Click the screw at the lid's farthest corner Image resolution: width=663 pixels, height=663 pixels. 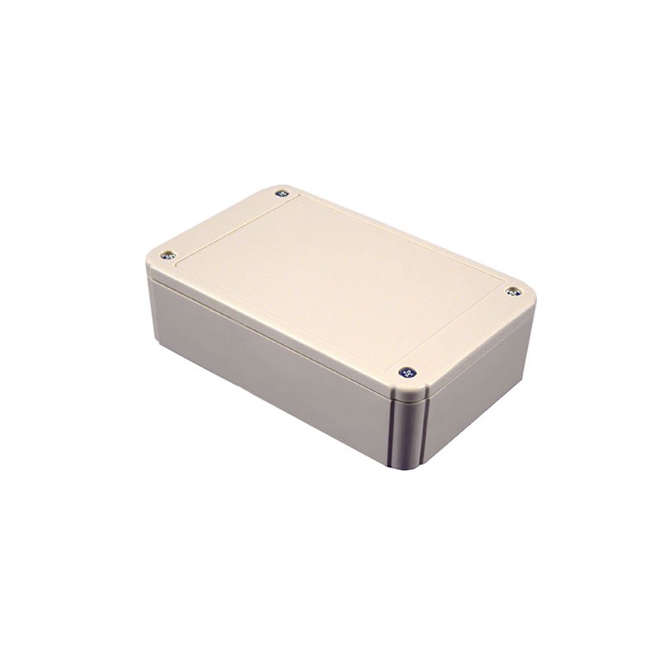point(282,193)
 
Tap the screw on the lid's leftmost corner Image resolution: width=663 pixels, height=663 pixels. point(167,255)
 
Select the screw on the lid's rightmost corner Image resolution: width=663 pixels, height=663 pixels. point(513,291)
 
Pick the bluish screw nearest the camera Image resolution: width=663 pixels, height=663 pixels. point(407,372)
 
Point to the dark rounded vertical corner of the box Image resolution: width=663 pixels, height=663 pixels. point(408,431)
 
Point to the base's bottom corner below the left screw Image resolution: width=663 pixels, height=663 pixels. point(156,340)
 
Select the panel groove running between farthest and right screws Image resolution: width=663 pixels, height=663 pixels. point(398,240)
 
